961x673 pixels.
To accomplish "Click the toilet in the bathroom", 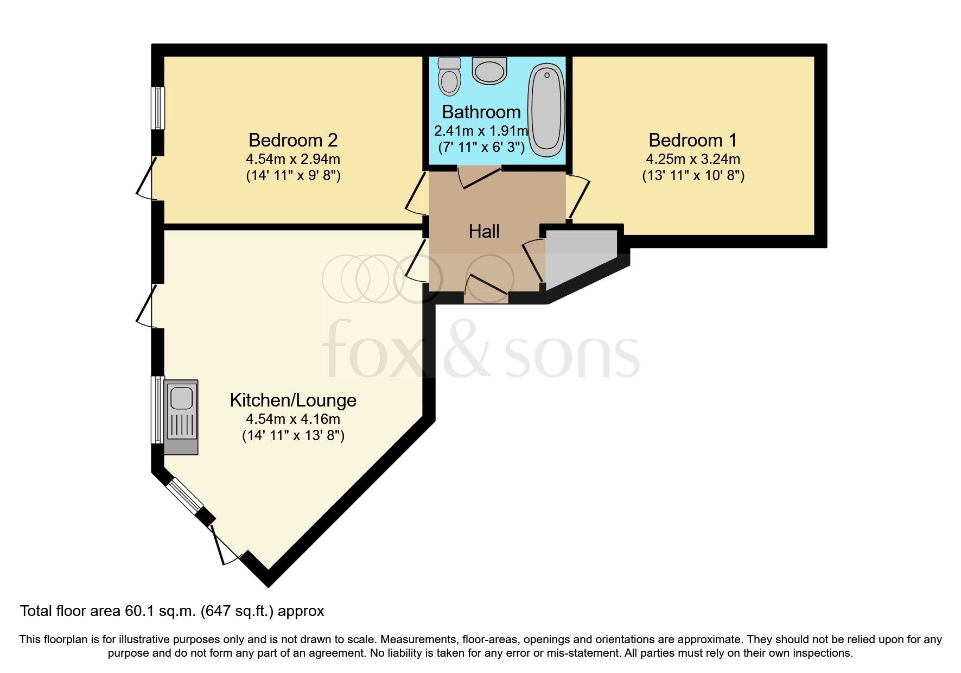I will click(x=449, y=77).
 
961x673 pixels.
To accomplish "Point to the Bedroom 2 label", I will click(x=293, y=140).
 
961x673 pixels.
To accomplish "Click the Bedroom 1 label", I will click(x=693, y=140).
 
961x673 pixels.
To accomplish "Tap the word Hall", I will click(x=484, y=232).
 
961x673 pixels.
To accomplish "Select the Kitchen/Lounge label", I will click(x=293, y=401).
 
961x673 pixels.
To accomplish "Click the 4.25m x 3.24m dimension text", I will click(x=693, y=159).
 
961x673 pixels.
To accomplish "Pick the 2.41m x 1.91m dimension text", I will click(x=481, y=131).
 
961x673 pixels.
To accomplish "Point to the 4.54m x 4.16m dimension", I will click(x=293, y=419).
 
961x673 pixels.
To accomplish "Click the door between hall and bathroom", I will click(x=479, y=177).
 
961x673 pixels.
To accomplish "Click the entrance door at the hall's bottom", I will click(x=486, y=288).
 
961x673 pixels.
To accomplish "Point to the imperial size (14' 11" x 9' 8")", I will click(x=293, y=176).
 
